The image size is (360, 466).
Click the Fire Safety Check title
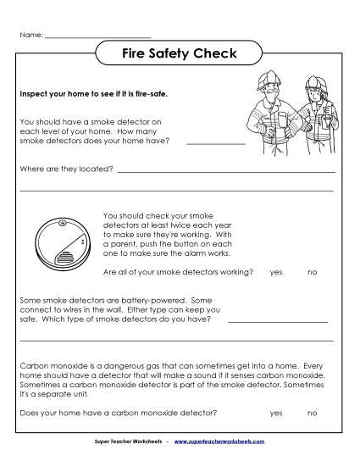point(180,55)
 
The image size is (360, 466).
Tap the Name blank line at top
point(97,36)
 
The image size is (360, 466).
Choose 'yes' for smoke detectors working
point(276,272)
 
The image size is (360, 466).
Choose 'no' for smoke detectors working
point(312,272)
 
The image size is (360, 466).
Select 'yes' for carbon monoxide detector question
point(276,413)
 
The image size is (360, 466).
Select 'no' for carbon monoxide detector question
point(312,413)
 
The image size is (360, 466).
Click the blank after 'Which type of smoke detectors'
point(276,320)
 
